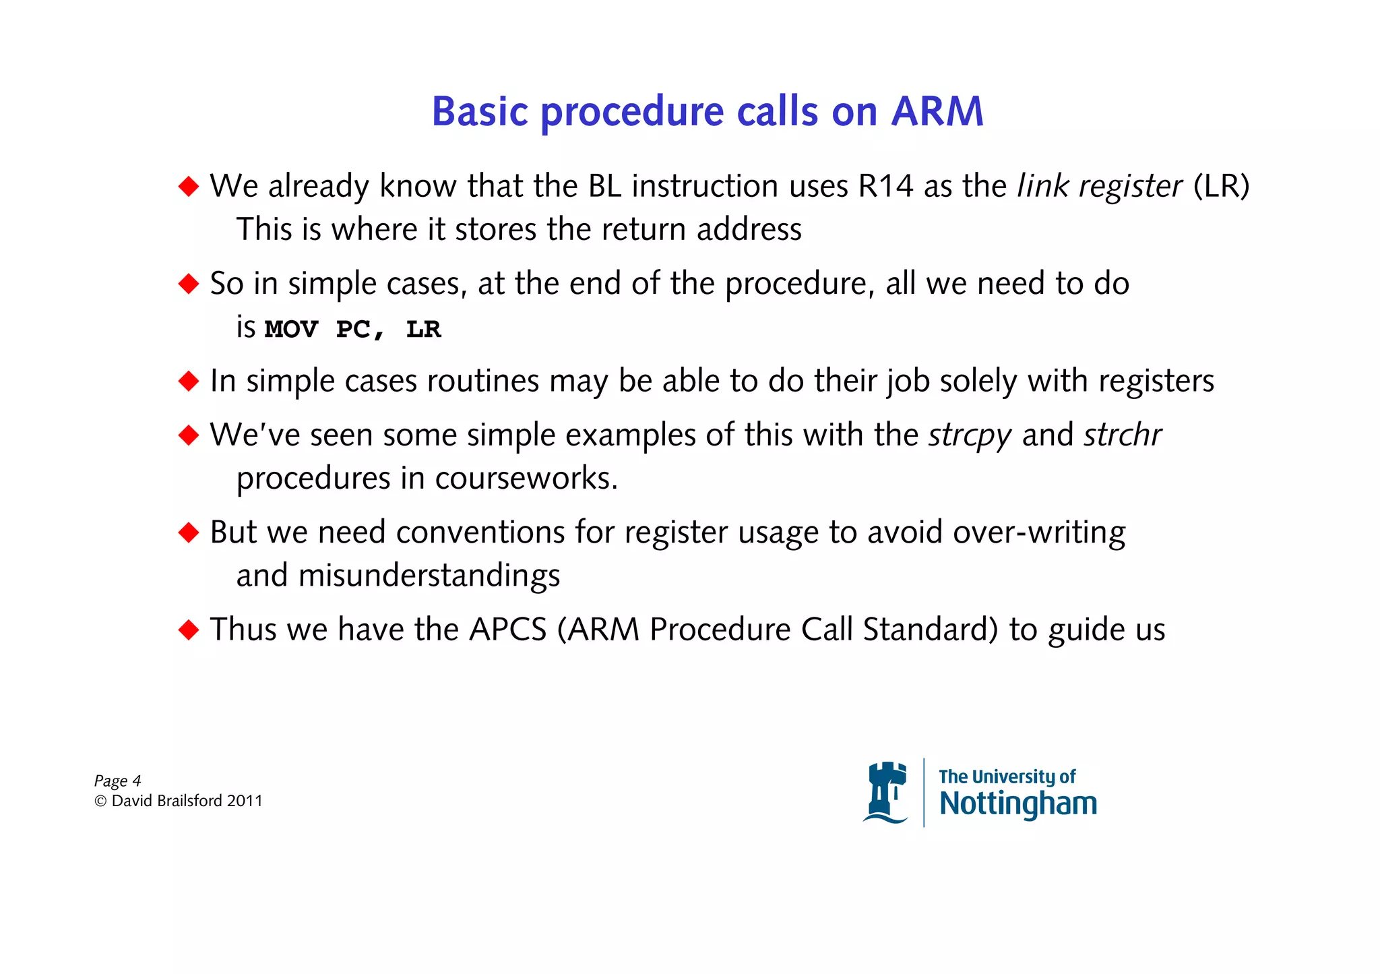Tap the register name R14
pos(885,186)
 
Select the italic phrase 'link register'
pos(1099,186)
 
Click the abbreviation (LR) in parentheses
pos(1221,186)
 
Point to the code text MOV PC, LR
pos(352,330)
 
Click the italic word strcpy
pos(970,435)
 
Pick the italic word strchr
pos(1123,435)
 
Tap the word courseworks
pos(526,479)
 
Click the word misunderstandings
pos(429,576)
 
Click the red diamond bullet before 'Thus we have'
pos(189,630)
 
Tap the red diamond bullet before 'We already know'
pos(189,186)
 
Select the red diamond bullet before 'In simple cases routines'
pos(189,381)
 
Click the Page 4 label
pos(117,781)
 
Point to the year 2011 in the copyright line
pos(245,801)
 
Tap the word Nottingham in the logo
pos(1017,803)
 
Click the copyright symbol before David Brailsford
pos(100,801)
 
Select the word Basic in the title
pos(480,111)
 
